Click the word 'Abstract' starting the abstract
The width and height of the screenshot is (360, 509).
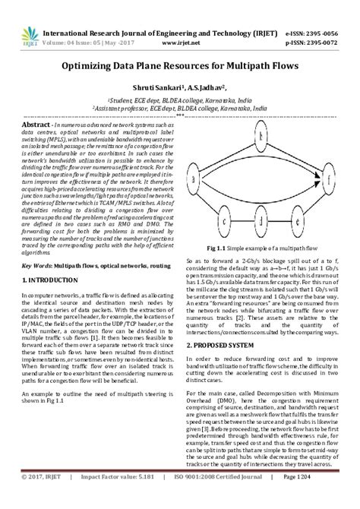[x=36, y=124]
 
